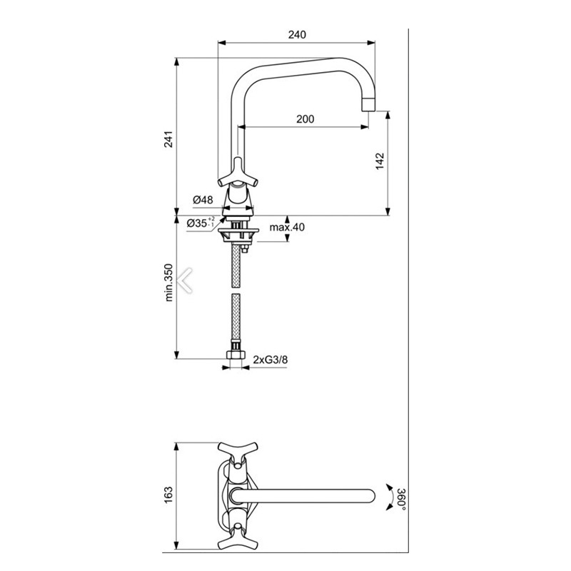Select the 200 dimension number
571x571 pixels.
click(305, 119)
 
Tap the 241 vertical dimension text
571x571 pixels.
click(169, 140)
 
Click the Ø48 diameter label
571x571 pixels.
click(203, 201)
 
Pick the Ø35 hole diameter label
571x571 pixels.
click(201, 223)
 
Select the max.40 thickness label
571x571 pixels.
click(287, 228)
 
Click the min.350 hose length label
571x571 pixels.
click(169, 283)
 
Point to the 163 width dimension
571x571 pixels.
click(169, 493)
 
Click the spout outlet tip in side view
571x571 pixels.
click(368, 105)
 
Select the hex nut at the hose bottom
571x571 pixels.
click(236, 354)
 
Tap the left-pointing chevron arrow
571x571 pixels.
click(188, 279)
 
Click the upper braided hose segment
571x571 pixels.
click(236, 264)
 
